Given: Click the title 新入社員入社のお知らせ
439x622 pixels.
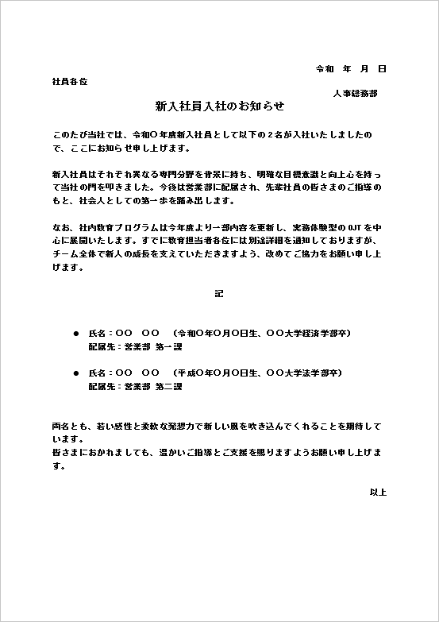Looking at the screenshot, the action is (219, 106).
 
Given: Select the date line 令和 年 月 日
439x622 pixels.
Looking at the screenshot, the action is (351, 69).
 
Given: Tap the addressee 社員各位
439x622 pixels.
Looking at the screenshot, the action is (69, 82).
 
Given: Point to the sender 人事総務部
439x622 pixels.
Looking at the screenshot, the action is (355, 93).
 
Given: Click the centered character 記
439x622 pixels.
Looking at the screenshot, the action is (219, 294).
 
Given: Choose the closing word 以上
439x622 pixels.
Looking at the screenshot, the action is (378, 493).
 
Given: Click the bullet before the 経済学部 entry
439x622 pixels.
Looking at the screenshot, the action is (76, 333).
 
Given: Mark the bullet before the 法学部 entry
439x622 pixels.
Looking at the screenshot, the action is (76, 373).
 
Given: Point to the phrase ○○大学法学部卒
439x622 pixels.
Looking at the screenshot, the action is (310, 373).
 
